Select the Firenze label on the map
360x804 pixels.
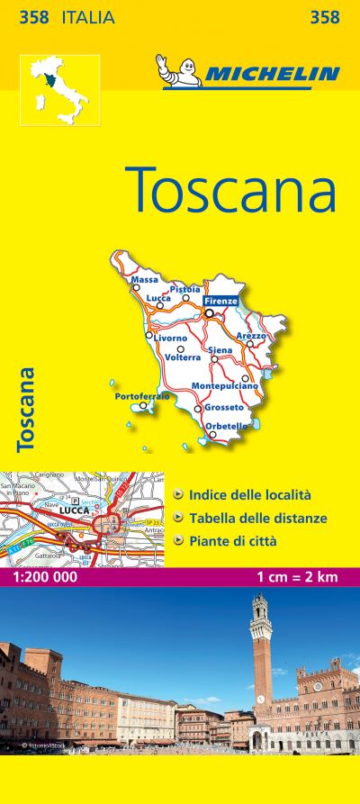point(220,301)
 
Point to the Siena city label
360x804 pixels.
point(220,349)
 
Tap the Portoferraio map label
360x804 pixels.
point(142,396)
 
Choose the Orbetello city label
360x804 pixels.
point(226,426)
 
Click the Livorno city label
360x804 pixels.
point(170,339)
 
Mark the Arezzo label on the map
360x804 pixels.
point(251,335)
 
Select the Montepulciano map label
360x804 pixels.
point(225,386)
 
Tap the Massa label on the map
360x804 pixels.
point(144,280)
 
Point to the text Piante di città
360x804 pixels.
point(232,541)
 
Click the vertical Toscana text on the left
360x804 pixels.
point(27,408)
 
